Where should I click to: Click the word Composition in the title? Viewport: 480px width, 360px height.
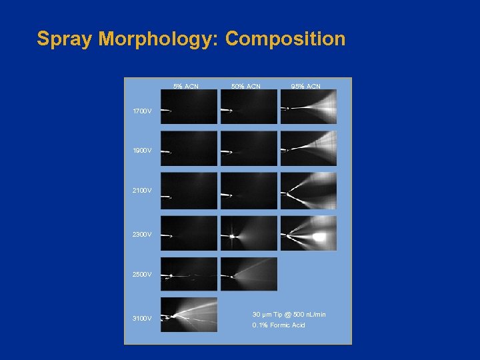285,39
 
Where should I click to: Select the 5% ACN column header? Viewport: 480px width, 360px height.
186,86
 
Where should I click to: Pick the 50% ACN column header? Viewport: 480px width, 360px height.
245,86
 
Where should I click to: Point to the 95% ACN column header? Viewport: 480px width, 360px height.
305,86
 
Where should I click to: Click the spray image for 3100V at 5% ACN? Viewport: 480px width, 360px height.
189,315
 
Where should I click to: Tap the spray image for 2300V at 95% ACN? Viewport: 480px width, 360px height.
308,233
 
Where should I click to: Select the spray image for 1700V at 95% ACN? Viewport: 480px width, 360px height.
308,107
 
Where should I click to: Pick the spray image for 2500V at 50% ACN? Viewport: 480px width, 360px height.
249,274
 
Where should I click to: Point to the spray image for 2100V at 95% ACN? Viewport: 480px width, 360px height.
308,191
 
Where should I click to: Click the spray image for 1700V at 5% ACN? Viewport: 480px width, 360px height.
189,107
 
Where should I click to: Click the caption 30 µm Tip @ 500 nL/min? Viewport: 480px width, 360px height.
289,314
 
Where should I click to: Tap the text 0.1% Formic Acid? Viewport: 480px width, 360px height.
278,325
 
